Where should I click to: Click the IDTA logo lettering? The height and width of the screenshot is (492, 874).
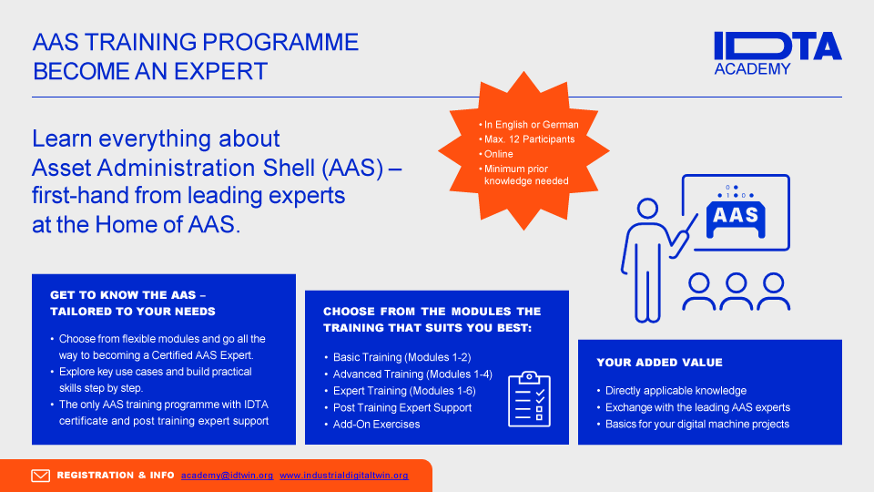coord(777,46)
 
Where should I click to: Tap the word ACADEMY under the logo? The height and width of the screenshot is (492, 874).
coord(753,69)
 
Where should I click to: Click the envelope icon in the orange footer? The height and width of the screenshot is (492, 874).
coord(40,476)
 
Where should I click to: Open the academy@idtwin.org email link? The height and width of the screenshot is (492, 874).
coord(227,476)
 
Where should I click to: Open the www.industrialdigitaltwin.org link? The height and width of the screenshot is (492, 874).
coord(344,476)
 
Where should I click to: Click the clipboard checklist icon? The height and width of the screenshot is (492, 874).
coord(529,399)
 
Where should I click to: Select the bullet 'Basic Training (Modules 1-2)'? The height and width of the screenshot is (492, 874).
coord(401,357)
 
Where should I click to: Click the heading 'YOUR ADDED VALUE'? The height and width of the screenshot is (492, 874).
coord(659,363)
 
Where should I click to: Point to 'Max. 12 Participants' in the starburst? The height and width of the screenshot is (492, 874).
coord(529,139)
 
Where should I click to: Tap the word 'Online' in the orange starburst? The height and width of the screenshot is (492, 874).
coord(498,154)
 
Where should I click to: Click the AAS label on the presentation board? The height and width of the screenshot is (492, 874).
coord(736,215)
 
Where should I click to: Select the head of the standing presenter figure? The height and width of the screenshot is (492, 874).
coord(647,209)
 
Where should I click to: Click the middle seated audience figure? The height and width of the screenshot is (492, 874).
coord(736,292)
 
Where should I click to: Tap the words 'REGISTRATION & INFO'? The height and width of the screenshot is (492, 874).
coord(116,476)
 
